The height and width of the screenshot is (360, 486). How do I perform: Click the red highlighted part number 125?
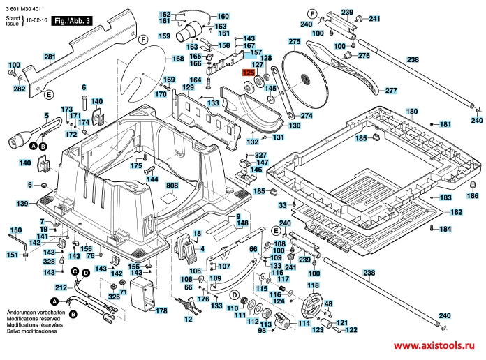(x=249, y=73)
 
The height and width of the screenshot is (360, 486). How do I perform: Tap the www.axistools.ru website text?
(x=439, y=347)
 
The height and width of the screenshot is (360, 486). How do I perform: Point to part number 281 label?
(x=50, y=57)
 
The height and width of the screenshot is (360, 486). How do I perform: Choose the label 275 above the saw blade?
(x=294, y=43)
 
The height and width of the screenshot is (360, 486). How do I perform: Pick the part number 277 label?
(x=390, y=91)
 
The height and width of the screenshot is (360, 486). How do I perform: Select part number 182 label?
(x=455, y=212)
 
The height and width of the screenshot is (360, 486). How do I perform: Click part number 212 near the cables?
(x=61, y=286)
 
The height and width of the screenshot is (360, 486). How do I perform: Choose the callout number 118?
(x=313, y=286)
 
